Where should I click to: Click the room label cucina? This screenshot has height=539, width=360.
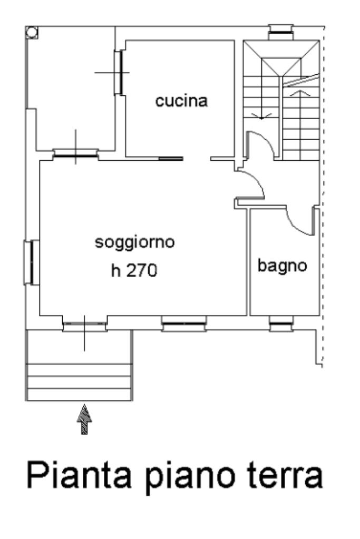[181, 101]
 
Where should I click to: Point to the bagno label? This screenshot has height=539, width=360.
[282, 265]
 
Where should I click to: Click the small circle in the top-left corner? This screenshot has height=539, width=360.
[32, 33]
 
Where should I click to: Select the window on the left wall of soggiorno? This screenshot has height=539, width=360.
[32, 262]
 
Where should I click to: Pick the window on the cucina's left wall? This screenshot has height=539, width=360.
[121, 72]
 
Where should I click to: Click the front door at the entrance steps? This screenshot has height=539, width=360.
[84, 324]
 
